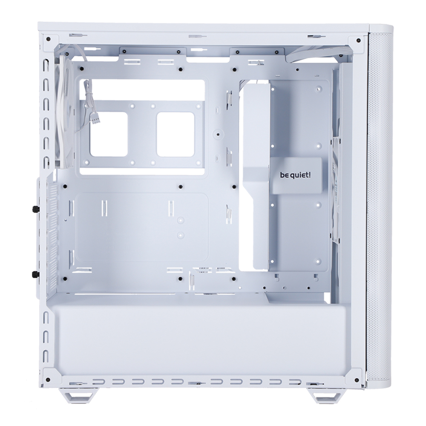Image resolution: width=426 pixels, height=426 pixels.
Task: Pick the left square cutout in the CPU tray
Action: pyautogui.click(x=109, y=135)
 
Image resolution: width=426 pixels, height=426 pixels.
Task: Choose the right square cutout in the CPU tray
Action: pyautogui.click(x=176, y=135)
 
